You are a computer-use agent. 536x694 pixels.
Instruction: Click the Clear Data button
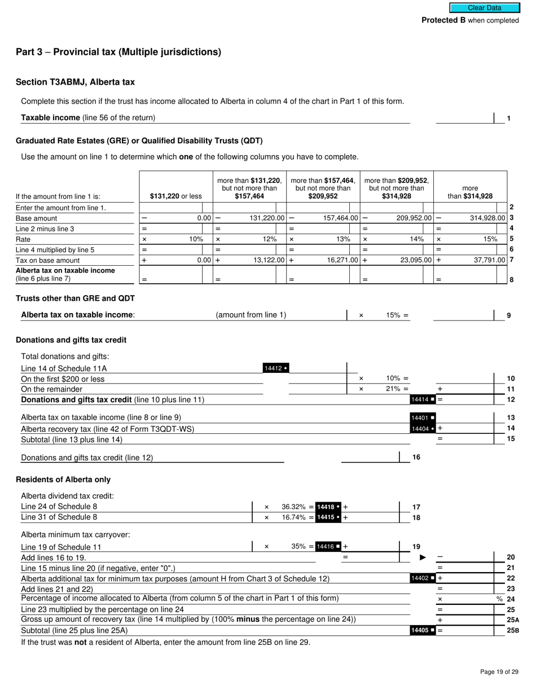[x=484, y=8]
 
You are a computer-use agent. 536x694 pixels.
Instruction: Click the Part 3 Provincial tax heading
[x=118, y=52]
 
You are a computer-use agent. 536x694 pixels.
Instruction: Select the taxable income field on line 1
[x=464, y=118]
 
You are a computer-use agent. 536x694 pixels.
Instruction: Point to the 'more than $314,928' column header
[x=469, y=192]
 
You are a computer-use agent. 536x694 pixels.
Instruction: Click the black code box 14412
[x=276, y=368]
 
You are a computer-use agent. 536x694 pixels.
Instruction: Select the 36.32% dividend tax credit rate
[x=293, y=507]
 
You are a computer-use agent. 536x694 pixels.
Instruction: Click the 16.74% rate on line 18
[x=293, y=517]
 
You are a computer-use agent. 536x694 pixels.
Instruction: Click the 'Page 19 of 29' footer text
[x=499, y=671]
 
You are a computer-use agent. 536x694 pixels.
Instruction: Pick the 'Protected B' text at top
[x=443, y=20]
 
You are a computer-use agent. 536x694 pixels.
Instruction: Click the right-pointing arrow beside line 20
[x=423, y=557]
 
